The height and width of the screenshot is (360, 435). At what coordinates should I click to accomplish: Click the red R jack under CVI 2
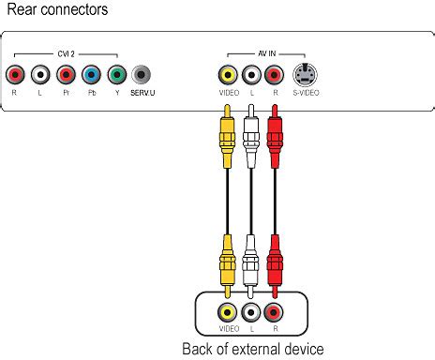(x=14, y=75)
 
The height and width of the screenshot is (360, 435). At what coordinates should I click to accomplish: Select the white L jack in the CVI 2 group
(x=39, y=75)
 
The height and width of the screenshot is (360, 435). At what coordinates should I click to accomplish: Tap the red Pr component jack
(x=65, y=75)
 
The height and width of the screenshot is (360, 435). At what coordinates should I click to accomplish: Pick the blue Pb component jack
(x=90, y=75)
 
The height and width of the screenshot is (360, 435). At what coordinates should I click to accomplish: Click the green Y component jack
(x=115, y=75)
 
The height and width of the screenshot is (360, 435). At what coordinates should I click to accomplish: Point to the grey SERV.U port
(x=142, y=75)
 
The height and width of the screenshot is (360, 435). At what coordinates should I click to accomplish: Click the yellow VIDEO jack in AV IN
(x=227, y=75)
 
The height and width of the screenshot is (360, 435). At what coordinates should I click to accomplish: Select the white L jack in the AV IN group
(x=250, y=75)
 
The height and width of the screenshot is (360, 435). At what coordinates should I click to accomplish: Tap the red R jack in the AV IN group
(x=275, y=75)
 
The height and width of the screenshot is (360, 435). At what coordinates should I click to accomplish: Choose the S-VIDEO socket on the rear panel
(x=304, y=75)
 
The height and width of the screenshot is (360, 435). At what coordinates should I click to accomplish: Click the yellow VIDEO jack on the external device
(x=227, y=312)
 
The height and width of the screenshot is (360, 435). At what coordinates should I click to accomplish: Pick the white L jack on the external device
(x=250, y=312)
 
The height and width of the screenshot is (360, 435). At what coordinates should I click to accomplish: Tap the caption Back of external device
(x=253, y=349)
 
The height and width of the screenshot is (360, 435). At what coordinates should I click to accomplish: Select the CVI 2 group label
(x=65, y=54)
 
